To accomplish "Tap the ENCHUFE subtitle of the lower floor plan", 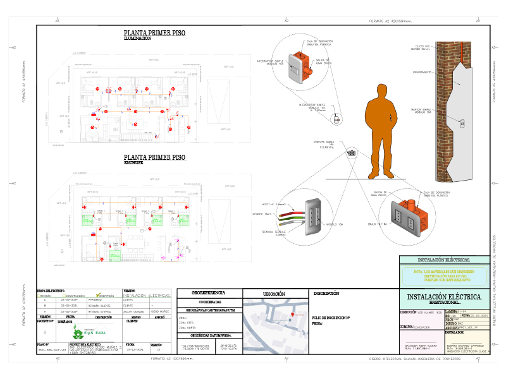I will point(137,163).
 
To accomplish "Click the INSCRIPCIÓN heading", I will point(327,293).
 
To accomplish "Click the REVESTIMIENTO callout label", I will point(422,72).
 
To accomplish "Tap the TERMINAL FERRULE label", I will point(274,232).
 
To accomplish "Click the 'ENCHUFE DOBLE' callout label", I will point(323,142).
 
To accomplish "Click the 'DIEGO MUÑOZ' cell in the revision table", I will point(160,311).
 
